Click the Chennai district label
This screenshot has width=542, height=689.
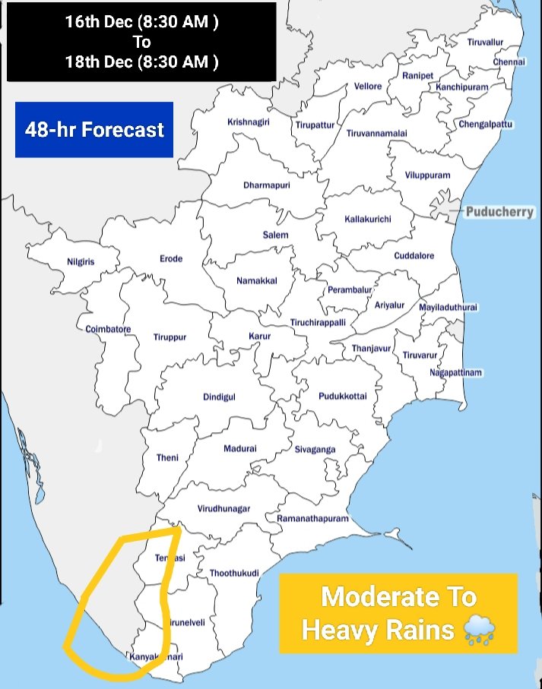point(509,62)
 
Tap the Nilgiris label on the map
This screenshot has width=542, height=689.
point(80,262)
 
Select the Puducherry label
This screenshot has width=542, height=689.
point(499,212)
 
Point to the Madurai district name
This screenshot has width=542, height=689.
point(240,449)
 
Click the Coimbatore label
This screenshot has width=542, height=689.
point(108,329)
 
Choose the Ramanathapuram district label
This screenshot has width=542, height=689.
point(312,519)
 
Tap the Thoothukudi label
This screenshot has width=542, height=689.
point(234,573)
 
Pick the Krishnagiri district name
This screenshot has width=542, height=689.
point(248,122)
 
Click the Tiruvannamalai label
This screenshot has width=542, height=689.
point(376,133)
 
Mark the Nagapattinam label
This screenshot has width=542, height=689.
point(456,373)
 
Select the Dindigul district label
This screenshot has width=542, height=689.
point(219,397)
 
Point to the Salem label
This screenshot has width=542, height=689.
point(275,235)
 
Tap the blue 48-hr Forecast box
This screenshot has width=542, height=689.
point(94,130)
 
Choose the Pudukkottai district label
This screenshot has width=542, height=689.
point(342,397)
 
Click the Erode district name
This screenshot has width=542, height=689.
point(171,259)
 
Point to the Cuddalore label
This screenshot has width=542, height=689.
point(414,256)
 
